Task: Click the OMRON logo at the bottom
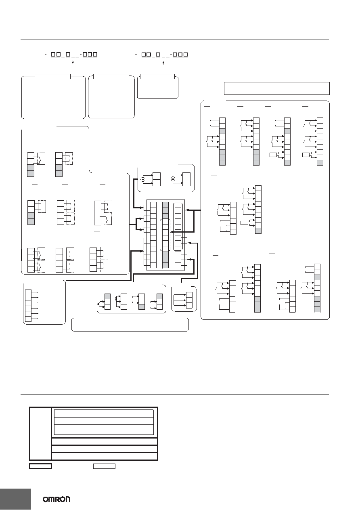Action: (57, 500)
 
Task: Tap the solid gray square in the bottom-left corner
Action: (15, 499)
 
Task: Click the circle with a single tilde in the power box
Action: (143, 179)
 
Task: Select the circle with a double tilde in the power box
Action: (173, 179)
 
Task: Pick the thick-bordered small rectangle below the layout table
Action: (41, 466)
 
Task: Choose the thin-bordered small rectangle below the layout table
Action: (104, 466)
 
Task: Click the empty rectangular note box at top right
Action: (277, 88)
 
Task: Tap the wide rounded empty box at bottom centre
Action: (130, 325)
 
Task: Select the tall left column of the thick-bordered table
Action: (40, 434)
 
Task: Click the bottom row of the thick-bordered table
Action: (105, 456)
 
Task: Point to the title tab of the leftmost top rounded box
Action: (52, 76)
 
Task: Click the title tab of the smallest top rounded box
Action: (157, 76)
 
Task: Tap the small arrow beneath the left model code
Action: (73, 62)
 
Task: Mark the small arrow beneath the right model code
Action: (163, 62)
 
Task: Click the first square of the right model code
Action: (144, 55)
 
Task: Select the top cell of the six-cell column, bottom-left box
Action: (28, 292)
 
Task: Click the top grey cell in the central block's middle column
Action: (165, 205)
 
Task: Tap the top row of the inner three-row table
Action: (104, 413)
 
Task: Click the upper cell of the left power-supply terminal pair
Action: (157, 176)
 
